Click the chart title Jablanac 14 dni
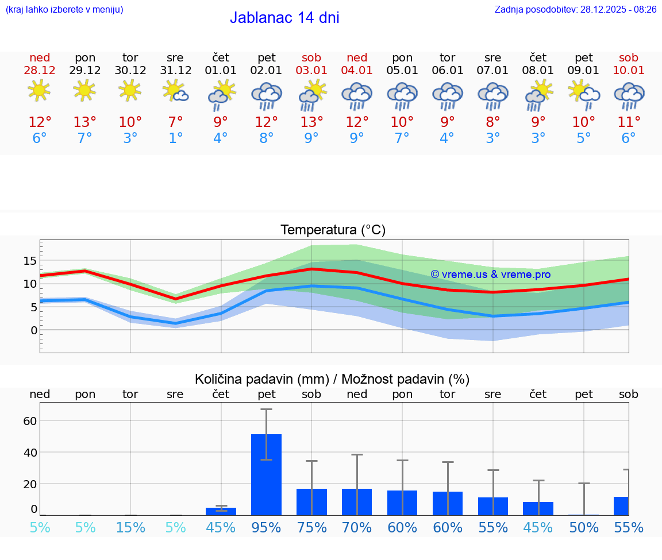click(x=284, y=18)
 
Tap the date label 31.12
click(x=175, y=71)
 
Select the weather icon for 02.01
click(x=266, y=95)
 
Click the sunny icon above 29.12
click(x=84, y=90)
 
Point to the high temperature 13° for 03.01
click(x=311, y=122)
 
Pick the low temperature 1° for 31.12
click(x=175, y=138)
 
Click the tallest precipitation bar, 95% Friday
click(x=266, y=474)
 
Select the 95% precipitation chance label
click(x=266, y=527)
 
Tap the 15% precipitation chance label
click(x=130, y=527)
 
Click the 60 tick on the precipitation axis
click(x=30, y=420)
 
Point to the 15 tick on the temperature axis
click(x=30, y=261)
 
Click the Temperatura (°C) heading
click(x=333, y=230)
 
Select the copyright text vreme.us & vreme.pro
click(x=490, y=275)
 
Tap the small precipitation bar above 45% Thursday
click(x=221, y=511)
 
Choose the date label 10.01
click(x=629, y=71)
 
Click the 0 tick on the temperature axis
click(x=33, y=330)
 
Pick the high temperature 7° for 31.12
click(x=175, y=122)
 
